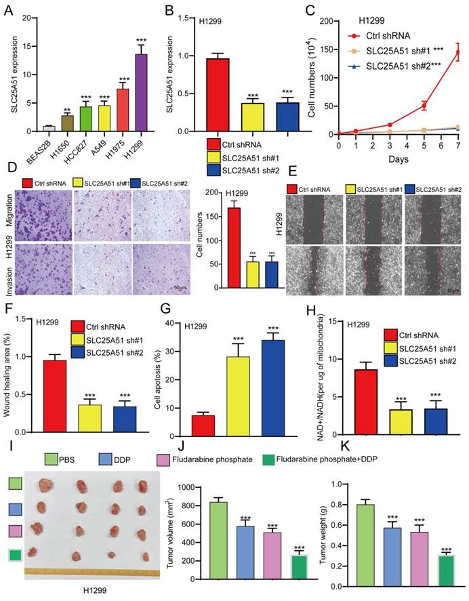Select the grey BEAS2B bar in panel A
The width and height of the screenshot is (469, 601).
pos(49,127)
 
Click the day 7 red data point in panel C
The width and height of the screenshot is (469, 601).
pos(458,52)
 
